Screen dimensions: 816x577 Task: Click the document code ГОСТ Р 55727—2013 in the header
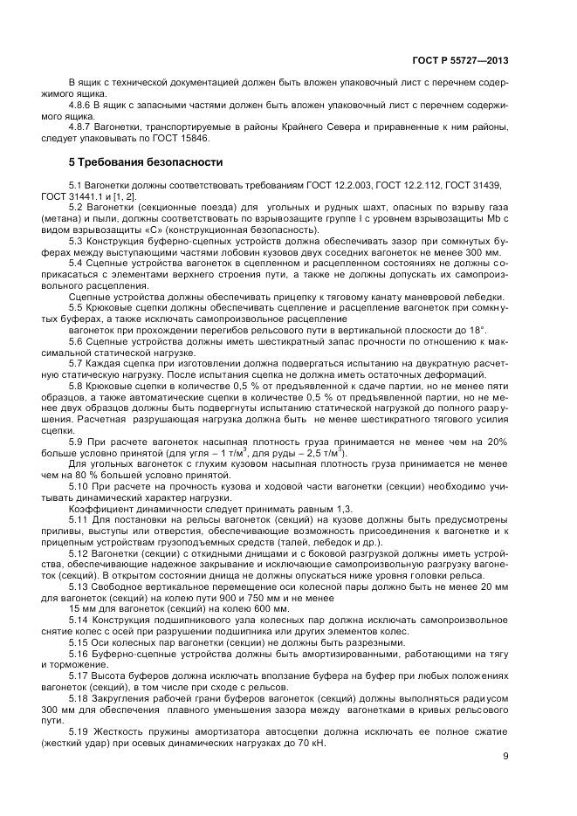(x=460, y=60)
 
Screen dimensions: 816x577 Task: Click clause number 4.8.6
(x=81, y=105)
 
